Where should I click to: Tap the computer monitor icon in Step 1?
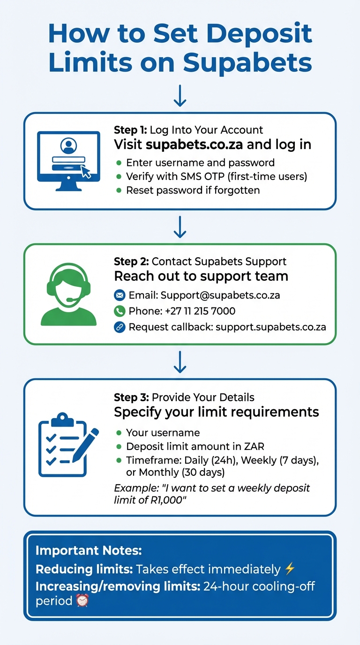click(68, 160)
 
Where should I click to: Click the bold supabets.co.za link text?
click(195, 144)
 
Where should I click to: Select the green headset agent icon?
click(68, 294)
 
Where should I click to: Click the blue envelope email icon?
click(120, 295)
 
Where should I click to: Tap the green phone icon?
click(120, 311)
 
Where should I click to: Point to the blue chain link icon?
click(120, 327)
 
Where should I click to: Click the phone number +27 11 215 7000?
click(198, 311)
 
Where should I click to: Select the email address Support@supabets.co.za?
click(220, 295)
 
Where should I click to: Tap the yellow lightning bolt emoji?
click(290, 570)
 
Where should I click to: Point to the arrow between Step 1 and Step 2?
click(180, 227)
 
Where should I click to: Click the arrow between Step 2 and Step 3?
click(180, 362)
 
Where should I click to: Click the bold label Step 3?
click(132, 397)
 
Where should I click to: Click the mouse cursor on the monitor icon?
click(86, 172)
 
